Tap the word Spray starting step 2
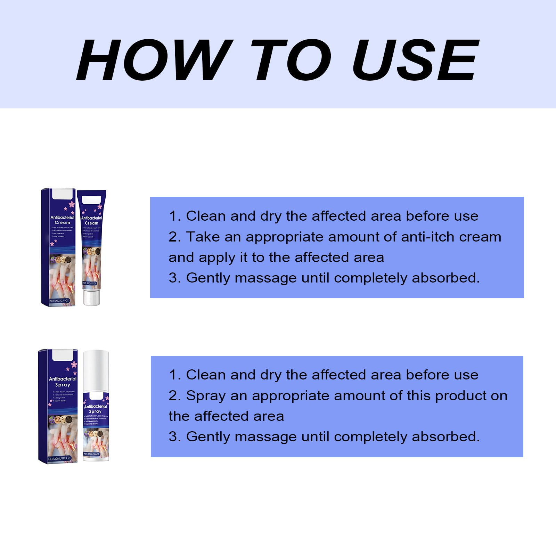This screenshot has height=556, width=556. coord(206,396)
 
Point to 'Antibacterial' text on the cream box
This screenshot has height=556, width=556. coord(62,218)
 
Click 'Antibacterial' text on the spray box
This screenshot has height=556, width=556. coord(63,379)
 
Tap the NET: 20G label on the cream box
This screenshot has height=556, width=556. coord(59,301)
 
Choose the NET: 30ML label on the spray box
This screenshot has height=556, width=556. coord(59,458)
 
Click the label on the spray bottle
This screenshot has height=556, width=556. coord(96,424)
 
